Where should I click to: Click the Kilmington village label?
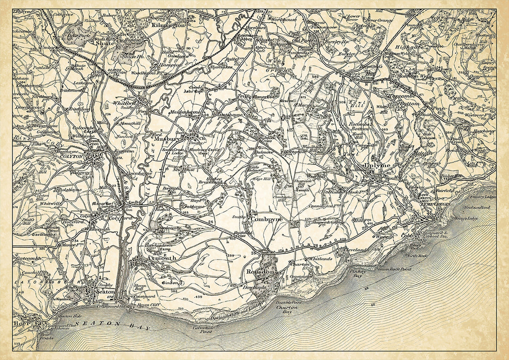coord(169,25)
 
